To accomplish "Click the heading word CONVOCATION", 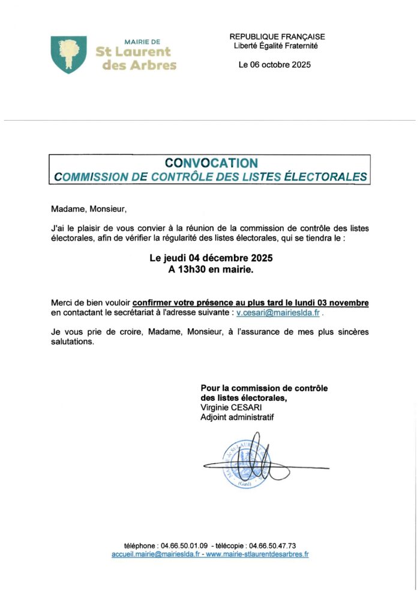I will point(211,163).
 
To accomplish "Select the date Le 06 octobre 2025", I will point(275,65).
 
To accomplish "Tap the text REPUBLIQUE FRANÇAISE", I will point(277,37).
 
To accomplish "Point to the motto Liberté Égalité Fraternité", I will point(275,46).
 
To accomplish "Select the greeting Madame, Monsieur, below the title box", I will point(89,209).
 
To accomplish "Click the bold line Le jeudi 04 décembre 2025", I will point(211,259).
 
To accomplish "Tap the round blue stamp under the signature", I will point(246,464).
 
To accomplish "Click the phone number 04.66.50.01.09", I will point(184,545).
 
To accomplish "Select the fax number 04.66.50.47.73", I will point(272,545).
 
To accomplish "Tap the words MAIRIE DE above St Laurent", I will point(142,42).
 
